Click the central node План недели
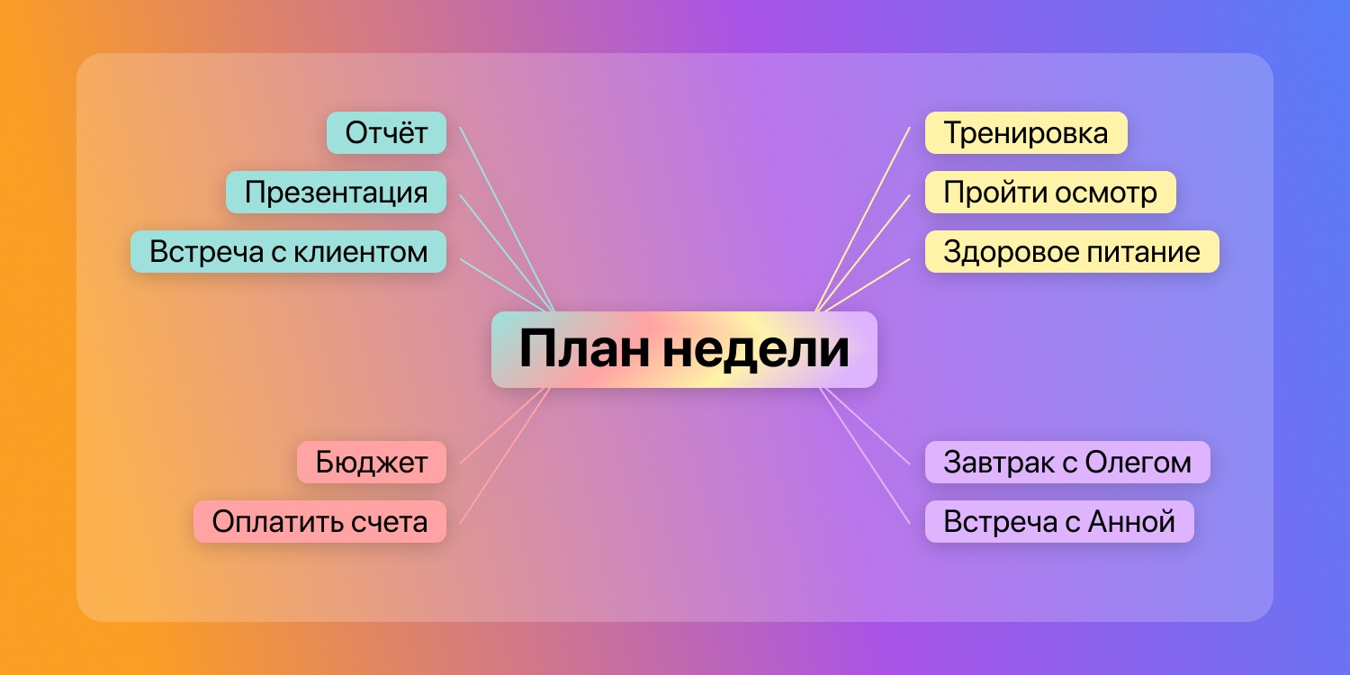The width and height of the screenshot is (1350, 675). click(x=684, y=349)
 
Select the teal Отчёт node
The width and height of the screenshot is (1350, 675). click(x=386, y=133)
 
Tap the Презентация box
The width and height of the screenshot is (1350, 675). click(x=336, y=193)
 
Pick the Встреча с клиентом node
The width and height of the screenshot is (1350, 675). click(x=288, y=252)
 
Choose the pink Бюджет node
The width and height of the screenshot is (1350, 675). click(x=371, y=463)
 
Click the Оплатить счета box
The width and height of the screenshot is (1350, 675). click(x=319, y=522)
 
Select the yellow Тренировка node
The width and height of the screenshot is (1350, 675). click(x=1026, y=133)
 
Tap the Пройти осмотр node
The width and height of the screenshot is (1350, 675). click(x=1050, y=193)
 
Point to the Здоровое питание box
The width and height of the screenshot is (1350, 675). click(x=1072, y=252)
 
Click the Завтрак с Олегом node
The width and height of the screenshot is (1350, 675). click(x=1067, y=463)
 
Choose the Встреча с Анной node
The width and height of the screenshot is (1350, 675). click(x=1059, y=522)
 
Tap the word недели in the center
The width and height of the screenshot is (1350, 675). click(x=756, y=349)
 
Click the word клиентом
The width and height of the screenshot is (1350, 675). click(x=361, y=252)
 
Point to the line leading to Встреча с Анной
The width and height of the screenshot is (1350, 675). click(x=866, y=455)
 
